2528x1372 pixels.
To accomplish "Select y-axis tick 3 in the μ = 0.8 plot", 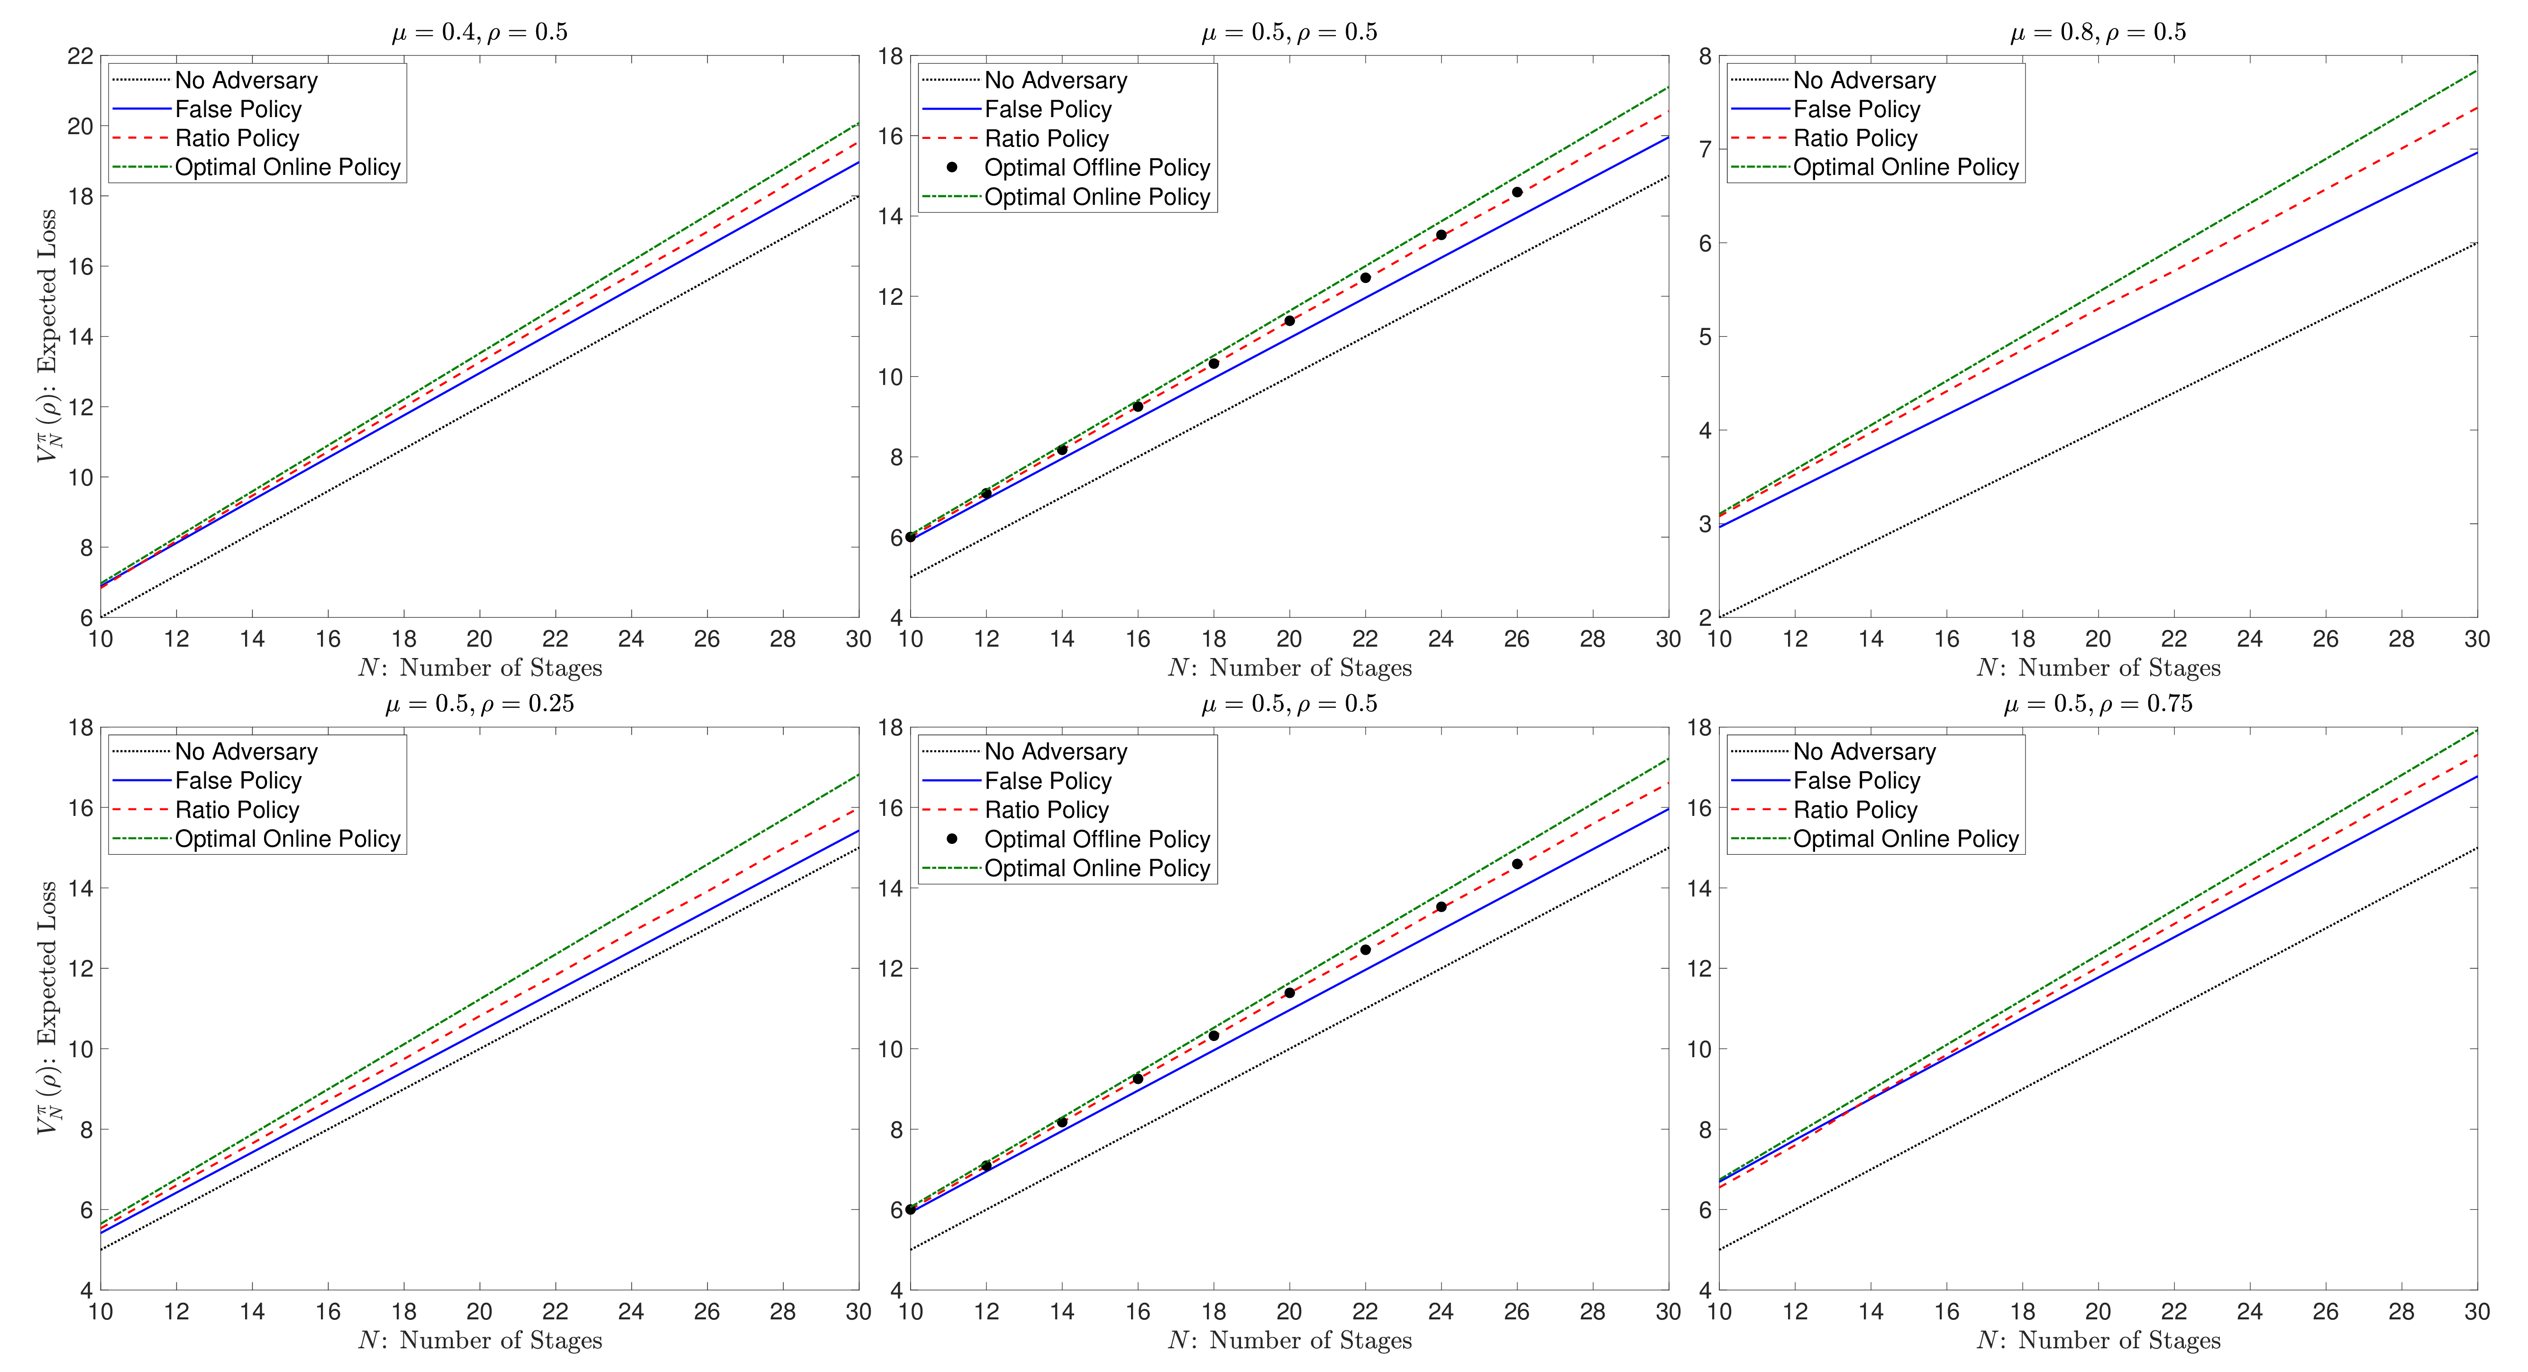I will coord(1705,524).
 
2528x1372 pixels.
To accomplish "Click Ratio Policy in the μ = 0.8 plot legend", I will coord(1855,138).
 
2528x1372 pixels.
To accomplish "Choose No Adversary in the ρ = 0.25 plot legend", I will coord(246,752).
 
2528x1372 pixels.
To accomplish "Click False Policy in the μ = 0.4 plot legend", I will coord(237,109).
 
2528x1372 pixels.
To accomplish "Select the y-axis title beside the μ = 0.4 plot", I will coord(47,337).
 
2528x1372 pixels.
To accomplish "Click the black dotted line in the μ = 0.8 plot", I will coord(2098,430).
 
